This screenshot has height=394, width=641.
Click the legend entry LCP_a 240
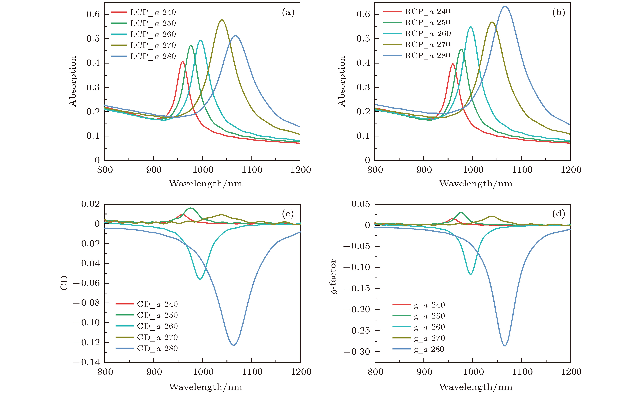[153, 12]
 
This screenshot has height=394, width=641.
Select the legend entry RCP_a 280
[427, 56]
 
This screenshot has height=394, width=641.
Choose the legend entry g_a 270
[429, 338]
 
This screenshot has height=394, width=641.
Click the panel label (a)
[288, 12]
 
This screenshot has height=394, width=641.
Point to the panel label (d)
[558, 214]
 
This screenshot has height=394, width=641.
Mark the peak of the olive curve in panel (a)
[222, 20]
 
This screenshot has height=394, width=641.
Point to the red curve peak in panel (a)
[183, 61]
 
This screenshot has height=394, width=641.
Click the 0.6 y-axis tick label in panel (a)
[93, 14]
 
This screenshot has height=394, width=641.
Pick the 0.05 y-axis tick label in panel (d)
[360, 204]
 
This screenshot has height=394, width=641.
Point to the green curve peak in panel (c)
[190, 208]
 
